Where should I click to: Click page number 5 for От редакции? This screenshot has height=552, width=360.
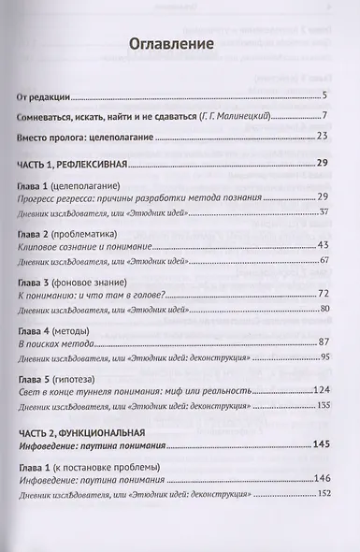[x=323, y=95]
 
